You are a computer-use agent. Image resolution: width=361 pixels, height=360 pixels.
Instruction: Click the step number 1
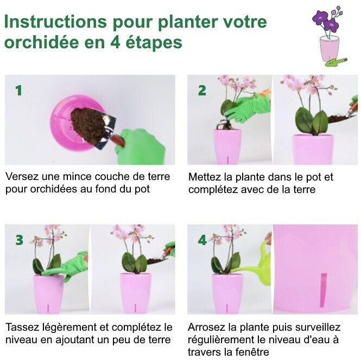[18, 91]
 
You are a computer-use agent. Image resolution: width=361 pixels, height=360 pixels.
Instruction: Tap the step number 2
[202, 91]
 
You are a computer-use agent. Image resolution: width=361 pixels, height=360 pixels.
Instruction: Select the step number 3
[20, 240]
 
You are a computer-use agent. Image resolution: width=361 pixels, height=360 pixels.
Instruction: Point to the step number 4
[202, 240]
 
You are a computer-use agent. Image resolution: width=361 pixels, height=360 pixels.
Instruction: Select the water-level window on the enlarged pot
[323, 290]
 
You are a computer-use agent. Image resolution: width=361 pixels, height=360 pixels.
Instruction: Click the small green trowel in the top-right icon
[336, 62]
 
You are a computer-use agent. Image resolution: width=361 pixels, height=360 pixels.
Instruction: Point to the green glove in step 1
[141, 147]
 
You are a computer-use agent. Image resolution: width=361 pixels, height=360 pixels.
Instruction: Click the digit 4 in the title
[115, 42]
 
